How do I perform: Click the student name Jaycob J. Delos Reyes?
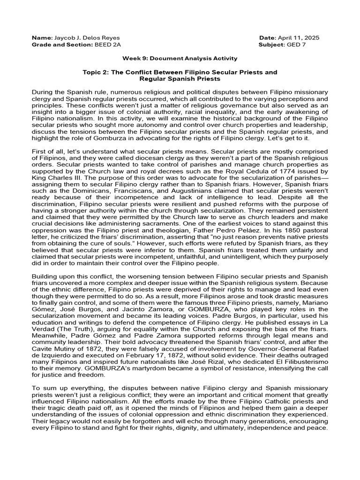pos(83,37)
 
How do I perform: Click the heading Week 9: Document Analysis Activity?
pos(180,58)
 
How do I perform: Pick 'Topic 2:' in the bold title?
pos(96,72)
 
